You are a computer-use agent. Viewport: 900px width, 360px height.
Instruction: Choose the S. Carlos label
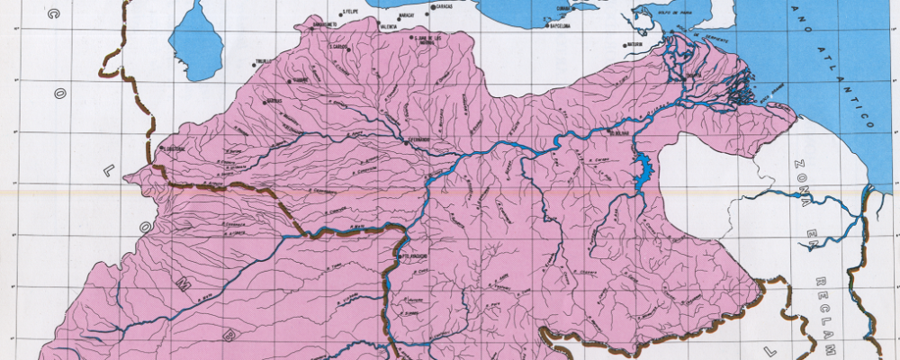[x=338, y=46]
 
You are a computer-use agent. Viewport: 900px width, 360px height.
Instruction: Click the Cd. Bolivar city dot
[x=609, y=132]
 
